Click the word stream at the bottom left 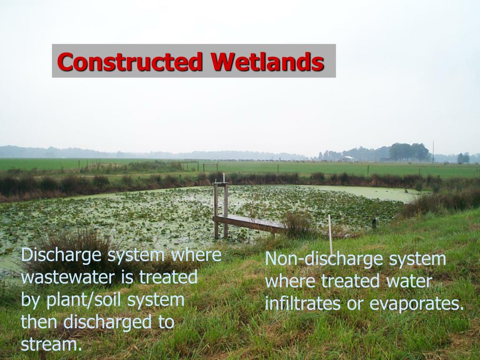(49, 345)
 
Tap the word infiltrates (303, 304)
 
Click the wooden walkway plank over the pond (248, 223)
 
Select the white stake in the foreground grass (330, 234)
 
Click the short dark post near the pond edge (374, 223)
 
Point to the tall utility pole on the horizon (433, 152)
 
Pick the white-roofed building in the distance (347, 159)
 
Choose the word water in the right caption (408, 281)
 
